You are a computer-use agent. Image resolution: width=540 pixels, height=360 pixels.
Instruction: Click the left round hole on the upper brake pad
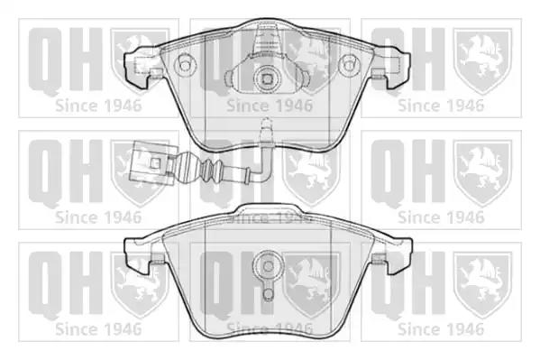point(185,64)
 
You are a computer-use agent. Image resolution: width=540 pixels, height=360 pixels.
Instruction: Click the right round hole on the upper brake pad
point(349,64)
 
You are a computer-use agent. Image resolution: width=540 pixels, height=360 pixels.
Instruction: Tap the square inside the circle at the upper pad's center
point(267,79)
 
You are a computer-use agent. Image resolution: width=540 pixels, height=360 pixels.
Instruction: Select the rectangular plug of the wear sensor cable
point(151,162)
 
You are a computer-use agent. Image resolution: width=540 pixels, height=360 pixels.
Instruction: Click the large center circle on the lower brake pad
point(268,266)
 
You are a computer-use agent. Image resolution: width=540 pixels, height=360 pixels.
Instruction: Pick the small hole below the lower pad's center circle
point(268,294)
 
